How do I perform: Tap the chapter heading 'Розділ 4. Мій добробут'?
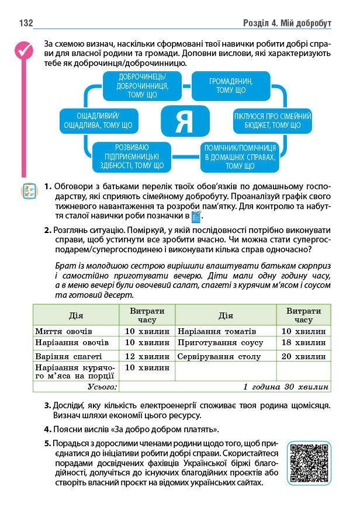pos(286,23)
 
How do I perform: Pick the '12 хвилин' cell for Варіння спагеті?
pos(147,356)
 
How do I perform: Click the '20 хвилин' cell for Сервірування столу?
pos(303,356)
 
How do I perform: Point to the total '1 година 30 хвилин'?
pos(286,387)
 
